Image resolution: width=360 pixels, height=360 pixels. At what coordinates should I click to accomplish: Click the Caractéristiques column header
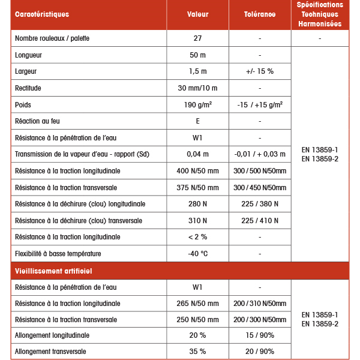pyautogui.click(x=42, y=14)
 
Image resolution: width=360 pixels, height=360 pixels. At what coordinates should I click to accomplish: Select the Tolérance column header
pyautogui.click(x=260, y=14)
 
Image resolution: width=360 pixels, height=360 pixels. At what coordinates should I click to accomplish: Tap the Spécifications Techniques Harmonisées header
pyautogui.click(x=320, y=14)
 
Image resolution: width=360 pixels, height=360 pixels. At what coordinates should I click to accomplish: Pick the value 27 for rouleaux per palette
pyautogui.click(x=197, y=38)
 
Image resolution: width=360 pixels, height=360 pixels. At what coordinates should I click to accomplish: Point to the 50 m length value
pyautogui.click(x=197, y=55)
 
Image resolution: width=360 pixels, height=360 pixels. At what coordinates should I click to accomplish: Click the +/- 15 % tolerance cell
pyautogui.click(x=260, y=71)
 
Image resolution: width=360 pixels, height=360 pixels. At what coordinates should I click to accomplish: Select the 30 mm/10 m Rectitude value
pyautogui.click(x=197, y=88)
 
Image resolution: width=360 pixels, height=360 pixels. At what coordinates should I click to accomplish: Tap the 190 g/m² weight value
pyautogui.click(x=197, y=104)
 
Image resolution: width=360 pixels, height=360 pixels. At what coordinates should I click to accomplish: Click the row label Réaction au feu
pyautogui.click(x=37, y=121)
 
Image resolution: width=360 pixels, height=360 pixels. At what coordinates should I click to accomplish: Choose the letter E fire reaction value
pyautogui.click(x=197, y=121)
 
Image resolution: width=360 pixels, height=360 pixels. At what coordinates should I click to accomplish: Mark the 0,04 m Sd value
pyautogui.click(x=197, y=154)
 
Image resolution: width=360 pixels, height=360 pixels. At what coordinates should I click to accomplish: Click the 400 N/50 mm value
pyautogui.click(x=197, y=171)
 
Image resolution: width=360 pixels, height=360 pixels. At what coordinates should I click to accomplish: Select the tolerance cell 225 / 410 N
pyautogui.click(x=260, y=221)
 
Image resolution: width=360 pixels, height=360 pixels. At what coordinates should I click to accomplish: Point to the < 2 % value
pyautogui.click(x=197, y=237)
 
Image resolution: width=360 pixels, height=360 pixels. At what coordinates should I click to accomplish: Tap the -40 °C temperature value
pyautogui.click(x=197, y=254)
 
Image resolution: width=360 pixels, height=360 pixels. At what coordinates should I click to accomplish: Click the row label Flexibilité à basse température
pyautogui.click(x=58, y=254)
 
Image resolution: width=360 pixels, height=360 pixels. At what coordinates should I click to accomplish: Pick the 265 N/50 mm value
pyautogui.click(x=197, y=304)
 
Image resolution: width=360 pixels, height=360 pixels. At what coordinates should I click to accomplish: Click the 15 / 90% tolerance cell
pyautogui.click(x=260, y=335)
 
